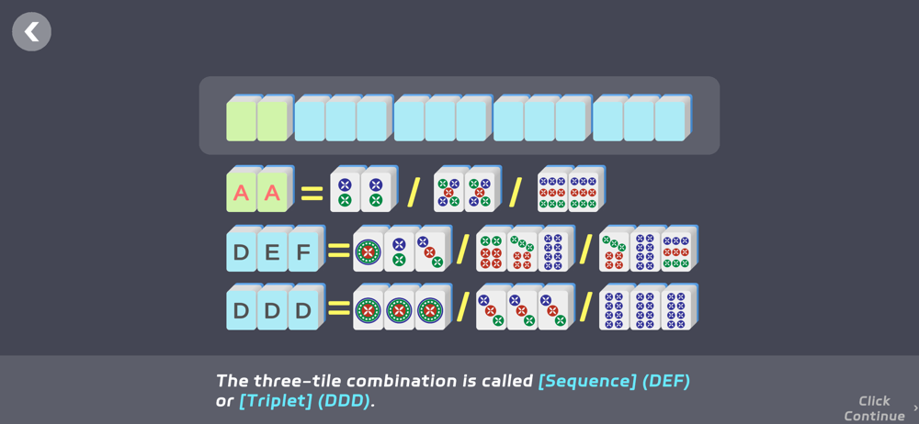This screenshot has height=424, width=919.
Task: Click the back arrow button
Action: (31, 32)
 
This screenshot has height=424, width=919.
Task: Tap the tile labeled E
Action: (272, 252)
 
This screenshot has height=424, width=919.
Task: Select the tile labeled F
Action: (303, 252)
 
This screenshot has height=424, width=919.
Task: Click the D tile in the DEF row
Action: (241, 252)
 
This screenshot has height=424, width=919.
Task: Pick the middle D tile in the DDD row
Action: (272, 310)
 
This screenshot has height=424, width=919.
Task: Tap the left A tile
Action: (241, 194)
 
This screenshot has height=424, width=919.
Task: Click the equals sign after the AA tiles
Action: (312, 194)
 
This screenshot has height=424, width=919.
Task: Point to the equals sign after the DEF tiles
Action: (339, 251)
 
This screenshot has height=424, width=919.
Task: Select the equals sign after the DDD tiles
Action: (339, 309)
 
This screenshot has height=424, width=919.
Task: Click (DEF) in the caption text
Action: (666, 380)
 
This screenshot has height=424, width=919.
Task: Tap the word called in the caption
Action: (506, 380)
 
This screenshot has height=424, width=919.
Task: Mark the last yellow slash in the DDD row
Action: (585, 307)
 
